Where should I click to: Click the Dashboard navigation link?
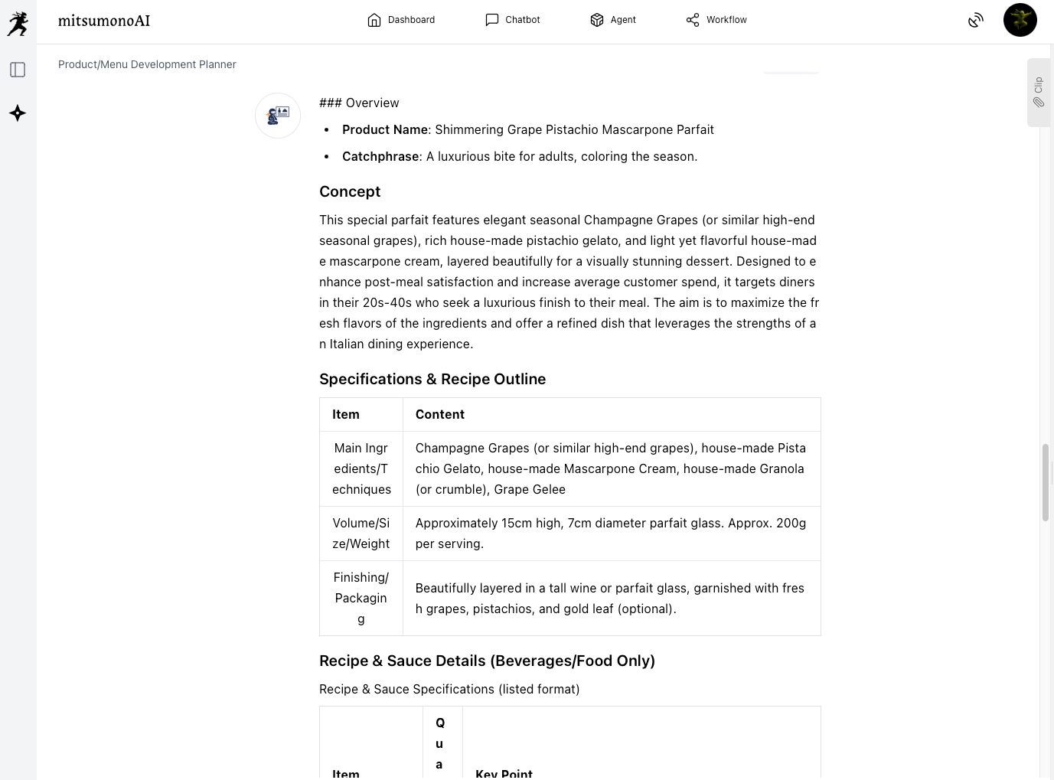[401, 20]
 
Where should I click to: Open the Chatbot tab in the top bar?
[513, 20]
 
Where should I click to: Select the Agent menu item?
[613, 20]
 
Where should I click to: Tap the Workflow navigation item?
[716, 20]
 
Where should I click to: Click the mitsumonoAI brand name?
[104, 21]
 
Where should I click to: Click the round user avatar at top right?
[1020, 20]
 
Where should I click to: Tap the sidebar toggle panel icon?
[18, 70]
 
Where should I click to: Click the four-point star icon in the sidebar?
[18, 113]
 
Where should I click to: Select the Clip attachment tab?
[1038, 92]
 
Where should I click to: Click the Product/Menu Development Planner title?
[147, 64]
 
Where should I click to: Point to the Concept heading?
[350, 191]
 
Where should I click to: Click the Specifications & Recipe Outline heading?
[432, 379]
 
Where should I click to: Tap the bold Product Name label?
[384, 129]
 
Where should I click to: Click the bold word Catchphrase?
[380, 156]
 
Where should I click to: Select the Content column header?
[440, 414]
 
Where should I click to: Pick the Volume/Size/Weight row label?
[361, 534]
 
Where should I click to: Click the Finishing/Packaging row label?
[361, 598]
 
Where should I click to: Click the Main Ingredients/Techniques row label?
[361, 468]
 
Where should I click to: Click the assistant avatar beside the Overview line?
[278, 116]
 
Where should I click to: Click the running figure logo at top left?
[18, 23]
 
